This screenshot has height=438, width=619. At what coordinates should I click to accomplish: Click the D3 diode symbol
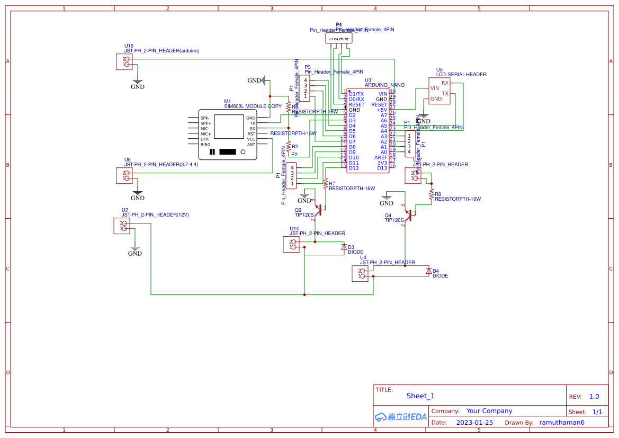point(344,247)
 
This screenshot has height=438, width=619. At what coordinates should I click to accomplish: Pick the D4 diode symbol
point(428,271)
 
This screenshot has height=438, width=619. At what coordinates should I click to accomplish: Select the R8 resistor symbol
point(432,194)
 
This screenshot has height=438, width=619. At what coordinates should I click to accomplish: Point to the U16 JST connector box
point(124,61)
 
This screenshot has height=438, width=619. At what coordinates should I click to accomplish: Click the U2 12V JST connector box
point(121,226)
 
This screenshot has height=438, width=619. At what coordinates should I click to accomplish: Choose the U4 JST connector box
point(360,273)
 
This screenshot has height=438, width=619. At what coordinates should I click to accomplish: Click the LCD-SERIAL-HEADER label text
point(461,75)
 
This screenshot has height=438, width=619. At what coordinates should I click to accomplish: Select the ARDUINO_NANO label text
point(384,85)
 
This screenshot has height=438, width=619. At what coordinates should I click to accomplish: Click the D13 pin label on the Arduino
point(382,168)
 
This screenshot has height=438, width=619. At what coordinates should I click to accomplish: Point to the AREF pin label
point(381,157)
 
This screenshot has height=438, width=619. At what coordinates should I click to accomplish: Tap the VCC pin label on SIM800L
point(251,139)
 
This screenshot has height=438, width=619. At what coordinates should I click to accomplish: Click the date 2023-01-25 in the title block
point(474,423)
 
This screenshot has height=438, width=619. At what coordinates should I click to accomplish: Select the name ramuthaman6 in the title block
point(562,423)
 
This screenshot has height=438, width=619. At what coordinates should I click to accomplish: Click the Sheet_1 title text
point(420,396)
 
